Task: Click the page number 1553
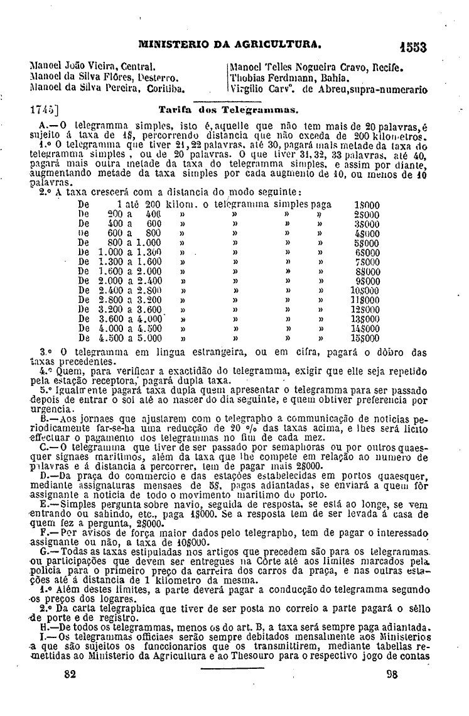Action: pos(412,47)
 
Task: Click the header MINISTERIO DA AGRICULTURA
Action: pos(230,45)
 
